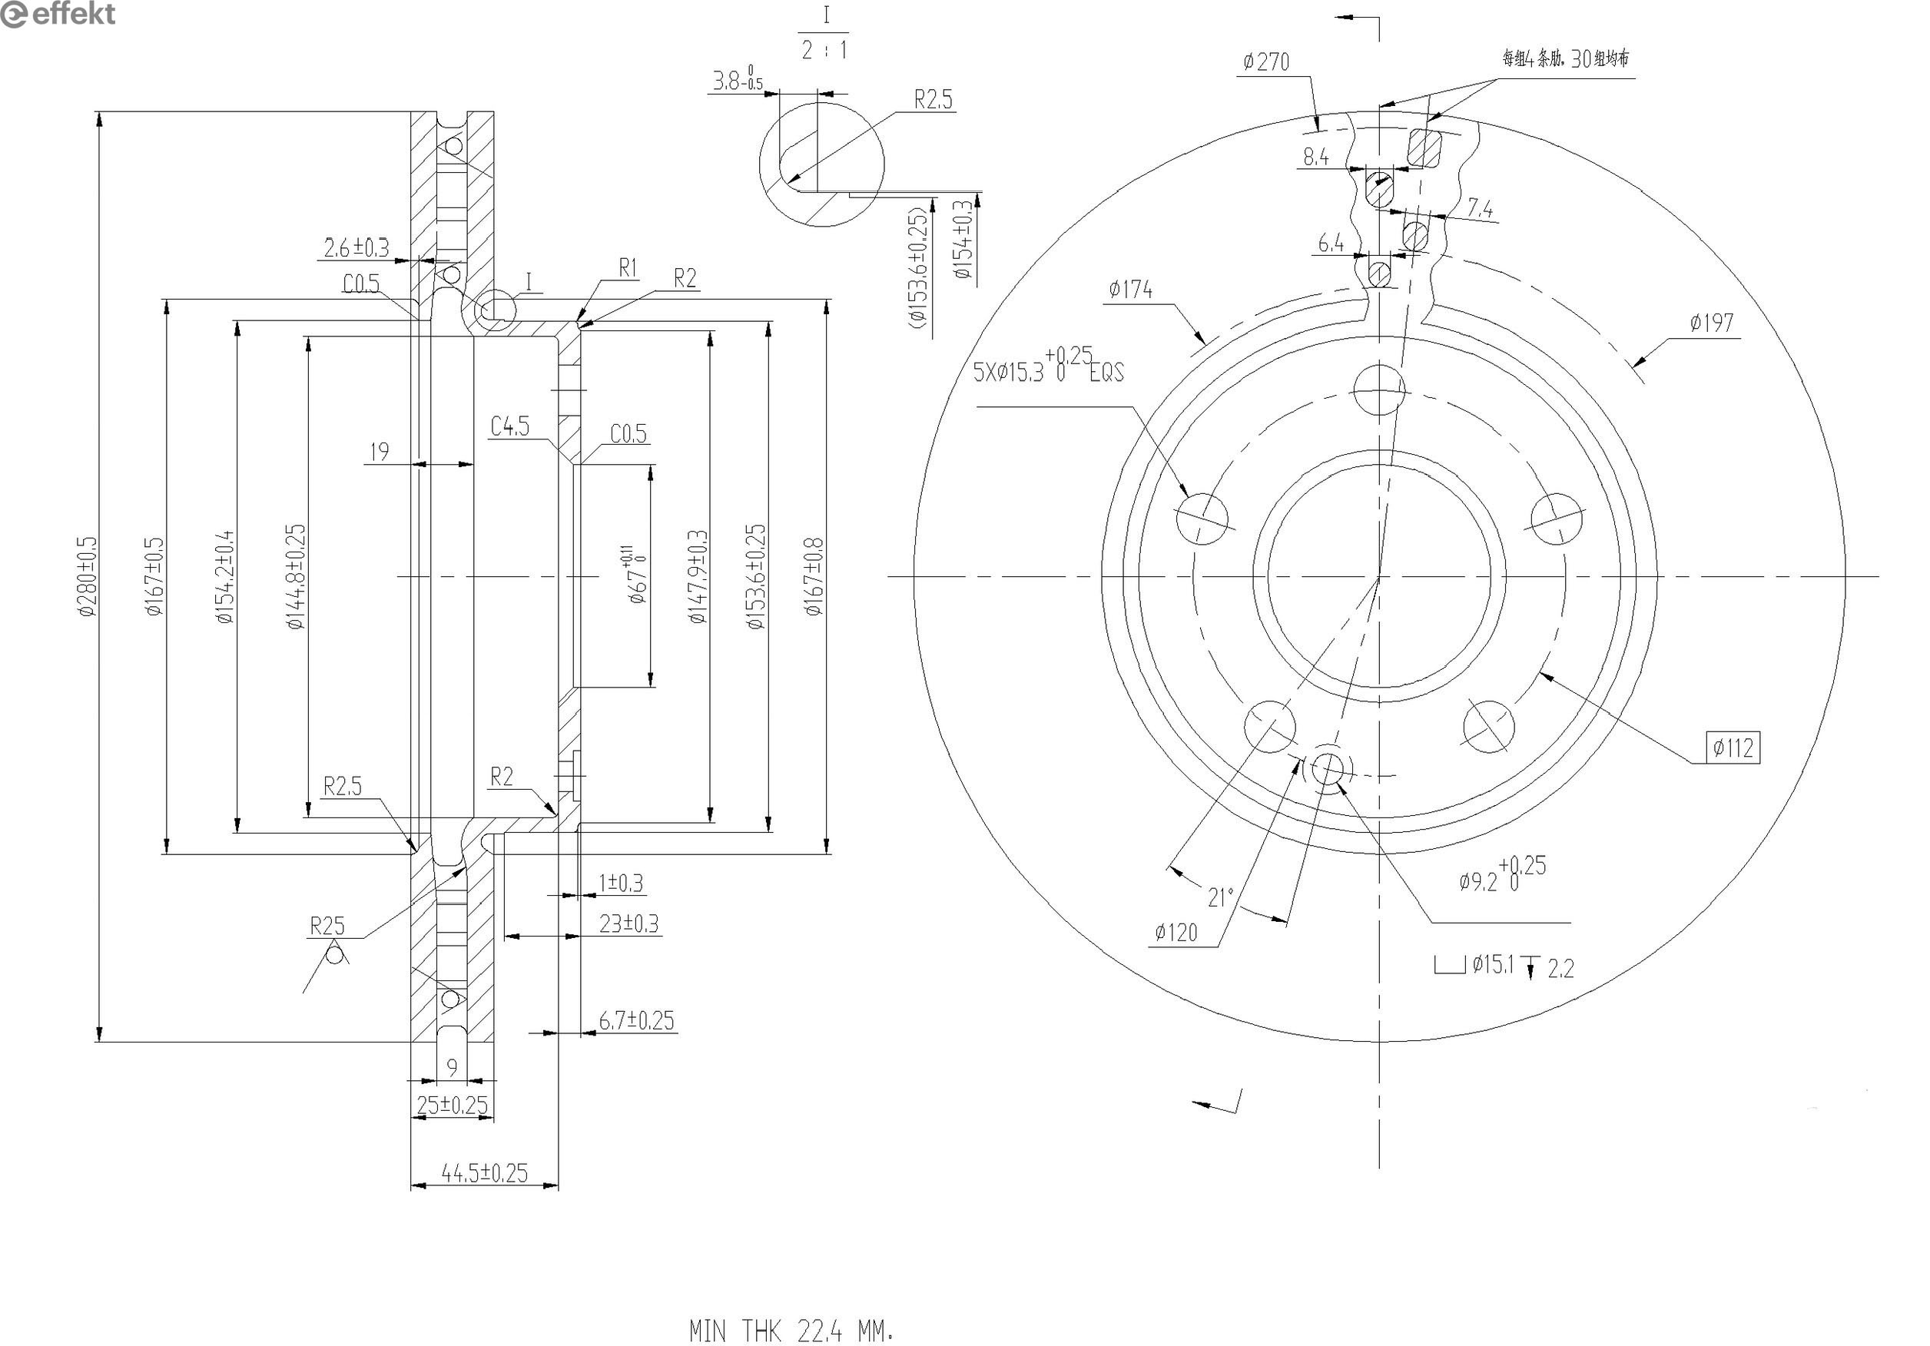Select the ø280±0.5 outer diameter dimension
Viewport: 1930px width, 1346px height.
pyautogui.click(x=88, y=577)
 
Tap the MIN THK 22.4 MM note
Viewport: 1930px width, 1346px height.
pyautogui.click(x=790, y=1331)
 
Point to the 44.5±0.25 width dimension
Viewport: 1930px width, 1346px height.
pyautogui.click(x=484, y=1173)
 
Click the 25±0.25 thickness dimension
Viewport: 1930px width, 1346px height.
pyautogui.click(x=453, y=1105)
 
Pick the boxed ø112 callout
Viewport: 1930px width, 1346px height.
pyautogui.click(x=1733, y=748)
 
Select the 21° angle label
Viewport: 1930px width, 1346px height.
pyautogui.click(x=1220, y=898)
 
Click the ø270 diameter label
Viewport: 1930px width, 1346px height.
pyautogui.click(x=1266, y=62)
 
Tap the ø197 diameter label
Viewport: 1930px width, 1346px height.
pyautogui.click(x=1712, y=323)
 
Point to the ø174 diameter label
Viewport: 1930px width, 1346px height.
pyautogui.click(x=1131, y=290)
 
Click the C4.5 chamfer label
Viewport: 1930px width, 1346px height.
pyautogui.click(x=510, y=427)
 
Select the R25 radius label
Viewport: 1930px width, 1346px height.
pyautogui.click(x=327, y=927)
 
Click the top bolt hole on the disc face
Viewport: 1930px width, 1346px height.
pyautogui.click(x=1379, y=390)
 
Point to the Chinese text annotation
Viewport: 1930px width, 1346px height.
pyautogui.click(x=1565, y=59)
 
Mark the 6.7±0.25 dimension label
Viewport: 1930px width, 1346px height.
pyautogui.click(x=636, y=1020)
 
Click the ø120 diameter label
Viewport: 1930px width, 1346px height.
pyautogui.click(x=1176, y=933)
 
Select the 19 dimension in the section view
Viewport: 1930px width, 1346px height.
pyautogui.click(x=379, y=452)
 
